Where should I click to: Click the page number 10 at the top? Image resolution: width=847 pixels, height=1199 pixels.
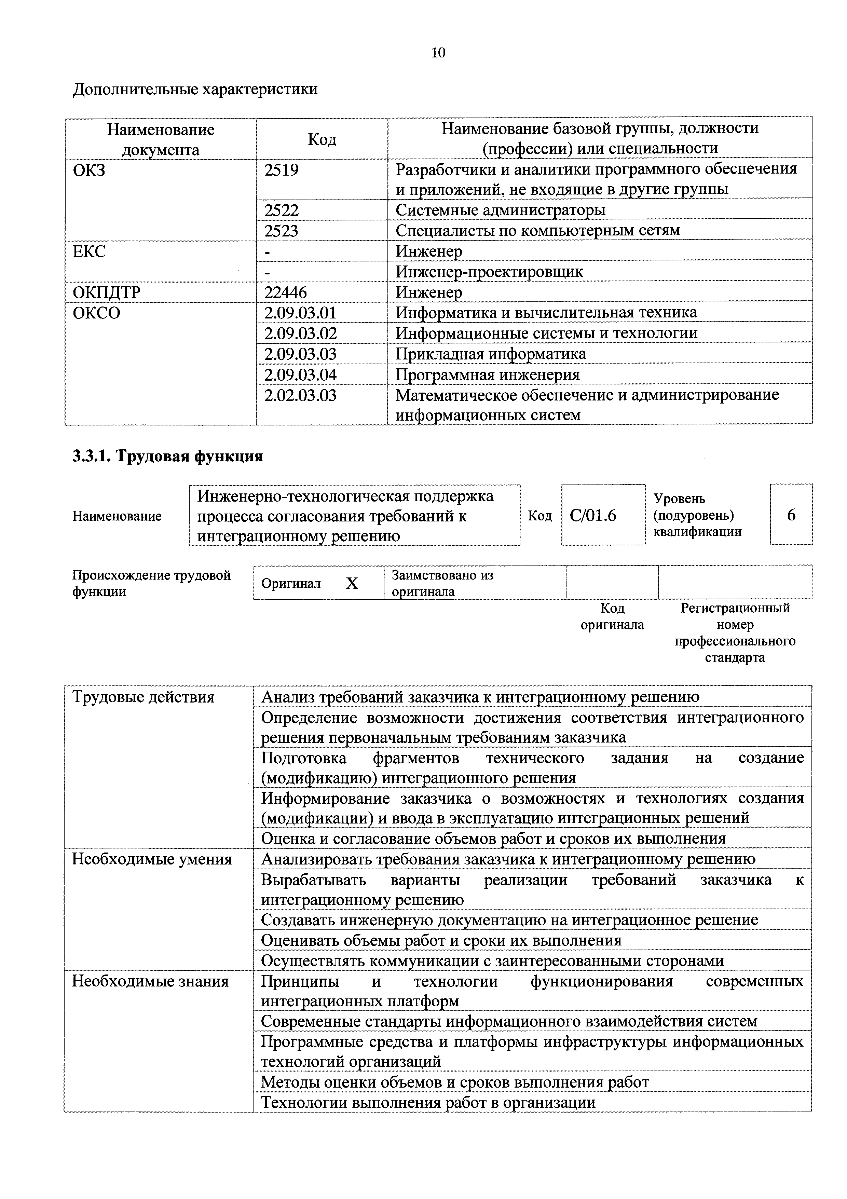438,53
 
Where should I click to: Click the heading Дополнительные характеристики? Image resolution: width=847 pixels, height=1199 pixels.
195,89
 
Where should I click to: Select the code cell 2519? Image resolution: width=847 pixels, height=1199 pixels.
282,170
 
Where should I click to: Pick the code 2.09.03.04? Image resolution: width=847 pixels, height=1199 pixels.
300,375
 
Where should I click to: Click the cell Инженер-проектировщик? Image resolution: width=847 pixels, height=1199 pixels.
489,272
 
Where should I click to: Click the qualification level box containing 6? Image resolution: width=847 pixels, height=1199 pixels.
791,515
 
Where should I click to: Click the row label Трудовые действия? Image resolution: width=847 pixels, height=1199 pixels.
143,697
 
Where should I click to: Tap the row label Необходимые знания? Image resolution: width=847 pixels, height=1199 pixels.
150,981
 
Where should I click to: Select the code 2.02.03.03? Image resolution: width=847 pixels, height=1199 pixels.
300,395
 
